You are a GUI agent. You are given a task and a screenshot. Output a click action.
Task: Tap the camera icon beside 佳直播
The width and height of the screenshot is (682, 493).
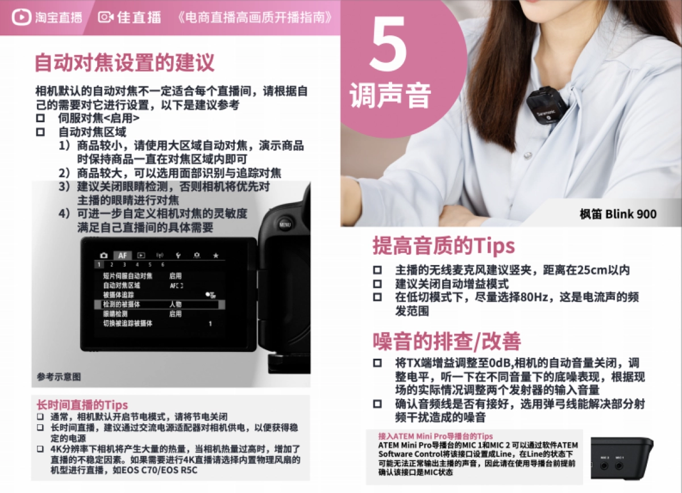105,18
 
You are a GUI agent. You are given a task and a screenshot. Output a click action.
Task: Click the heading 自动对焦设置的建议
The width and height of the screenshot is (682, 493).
124,63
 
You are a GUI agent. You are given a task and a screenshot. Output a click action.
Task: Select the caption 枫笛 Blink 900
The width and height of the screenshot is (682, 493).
618,214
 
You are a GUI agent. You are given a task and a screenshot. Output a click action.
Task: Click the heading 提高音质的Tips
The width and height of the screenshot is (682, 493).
443,246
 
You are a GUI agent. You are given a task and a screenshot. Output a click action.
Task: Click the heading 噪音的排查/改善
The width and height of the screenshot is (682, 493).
447,341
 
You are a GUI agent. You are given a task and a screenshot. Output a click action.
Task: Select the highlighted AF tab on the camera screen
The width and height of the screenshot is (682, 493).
122,255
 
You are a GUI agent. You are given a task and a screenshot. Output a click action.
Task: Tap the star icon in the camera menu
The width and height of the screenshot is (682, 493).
215,256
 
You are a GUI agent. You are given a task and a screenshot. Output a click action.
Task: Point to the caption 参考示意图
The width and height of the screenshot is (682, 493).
59,376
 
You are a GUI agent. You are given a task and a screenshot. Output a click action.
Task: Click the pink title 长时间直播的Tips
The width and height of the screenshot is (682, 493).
82,405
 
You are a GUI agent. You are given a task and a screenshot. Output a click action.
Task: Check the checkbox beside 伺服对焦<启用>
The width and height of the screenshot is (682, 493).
40,119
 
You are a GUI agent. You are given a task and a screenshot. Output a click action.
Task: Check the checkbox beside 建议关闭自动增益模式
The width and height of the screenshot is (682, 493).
377,284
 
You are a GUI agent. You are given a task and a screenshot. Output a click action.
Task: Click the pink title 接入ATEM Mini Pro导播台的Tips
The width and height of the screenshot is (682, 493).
436,436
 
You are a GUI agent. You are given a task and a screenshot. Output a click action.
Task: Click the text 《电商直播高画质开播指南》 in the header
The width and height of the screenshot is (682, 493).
255,18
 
